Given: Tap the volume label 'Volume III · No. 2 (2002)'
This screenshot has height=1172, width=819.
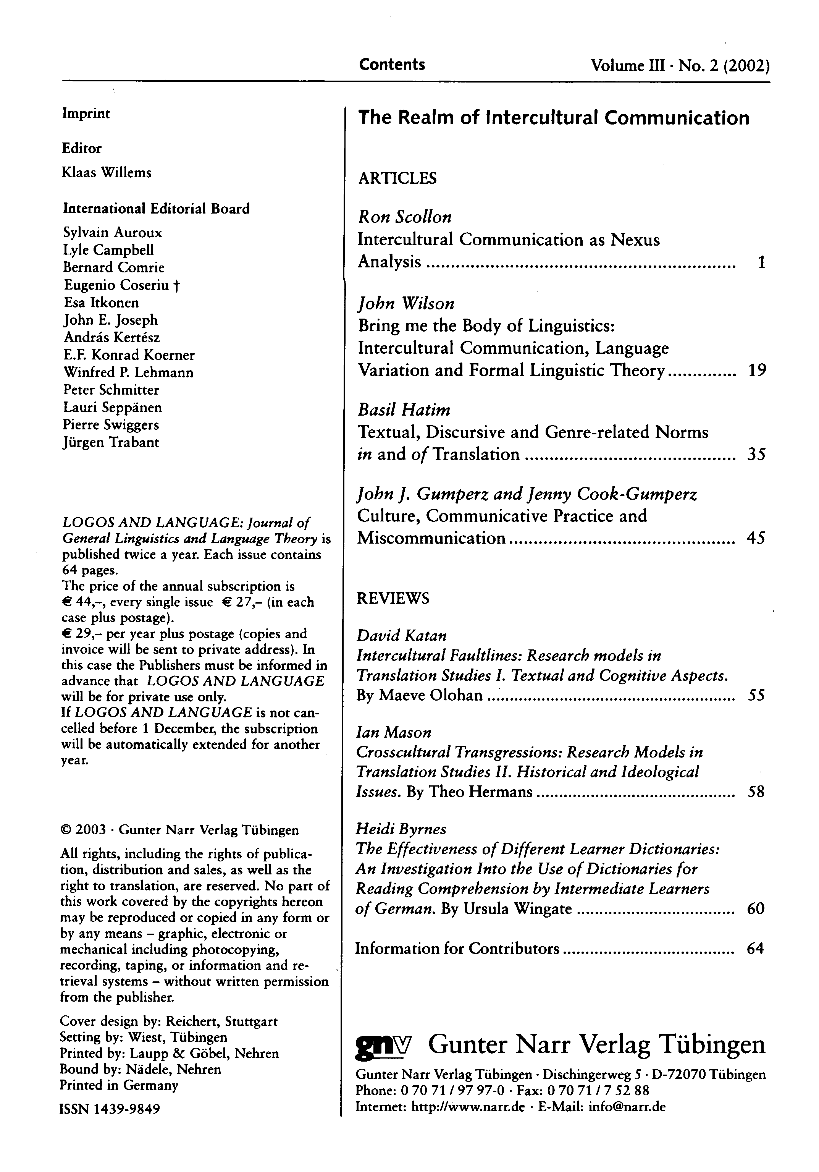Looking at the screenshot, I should click(680, 66).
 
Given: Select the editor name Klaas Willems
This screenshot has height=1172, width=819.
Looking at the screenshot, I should click(107, 173).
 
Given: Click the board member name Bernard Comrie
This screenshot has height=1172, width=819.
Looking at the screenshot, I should click(114, 267).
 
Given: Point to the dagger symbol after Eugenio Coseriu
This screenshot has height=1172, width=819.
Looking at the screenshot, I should click(176, 285).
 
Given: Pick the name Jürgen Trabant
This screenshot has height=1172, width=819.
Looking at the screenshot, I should click(111, 442).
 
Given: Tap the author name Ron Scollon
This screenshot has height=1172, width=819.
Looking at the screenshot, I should click(405, 217).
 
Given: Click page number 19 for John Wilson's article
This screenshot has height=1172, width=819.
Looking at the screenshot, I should click(757, 371).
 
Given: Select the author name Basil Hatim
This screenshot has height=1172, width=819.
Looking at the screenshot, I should click(404, 410).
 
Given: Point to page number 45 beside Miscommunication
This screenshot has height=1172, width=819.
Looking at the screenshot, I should click(756, 538).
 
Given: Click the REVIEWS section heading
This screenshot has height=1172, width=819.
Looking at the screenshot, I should click(393, 598).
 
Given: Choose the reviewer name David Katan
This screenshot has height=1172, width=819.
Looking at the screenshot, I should click(402, 636).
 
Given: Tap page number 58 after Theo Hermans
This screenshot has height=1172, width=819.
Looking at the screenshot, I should click(755, 792).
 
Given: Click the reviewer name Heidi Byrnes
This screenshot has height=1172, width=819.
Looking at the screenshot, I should click(401, 829).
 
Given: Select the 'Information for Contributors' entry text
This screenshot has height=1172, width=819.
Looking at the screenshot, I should click(457, 949).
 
